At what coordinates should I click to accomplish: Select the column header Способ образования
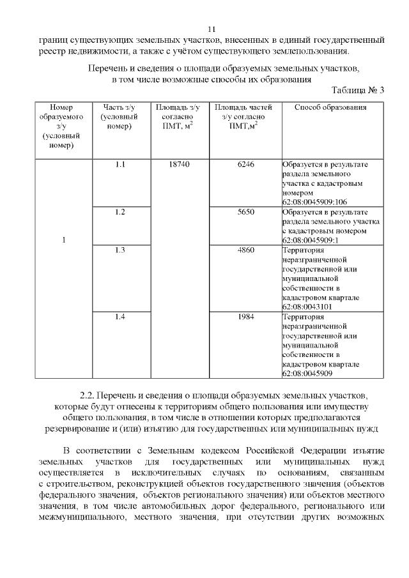point(330,107)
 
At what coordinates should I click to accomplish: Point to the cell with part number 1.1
point(120,165)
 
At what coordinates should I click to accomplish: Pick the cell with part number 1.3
point(120,250)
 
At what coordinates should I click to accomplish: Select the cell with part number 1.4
point(120,317)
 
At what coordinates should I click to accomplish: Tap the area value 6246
point(246,165)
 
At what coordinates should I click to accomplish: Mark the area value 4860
point(246,250)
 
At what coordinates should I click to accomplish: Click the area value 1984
point(246,317)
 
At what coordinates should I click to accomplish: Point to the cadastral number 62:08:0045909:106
point(314,201)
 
